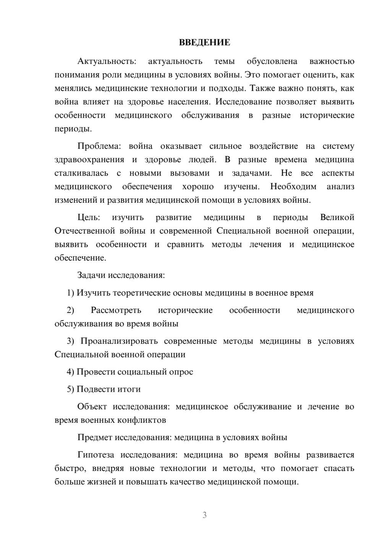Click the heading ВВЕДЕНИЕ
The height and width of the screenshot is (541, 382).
[x=204, y=42]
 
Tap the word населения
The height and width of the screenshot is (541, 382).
[x=189, y=102]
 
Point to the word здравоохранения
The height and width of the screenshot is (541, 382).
[x=89, y=160]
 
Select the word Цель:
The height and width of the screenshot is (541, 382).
[x=89, y=217]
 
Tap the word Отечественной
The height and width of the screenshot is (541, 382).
[x=85, y=231]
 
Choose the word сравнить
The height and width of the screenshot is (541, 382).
[x=185, y=244]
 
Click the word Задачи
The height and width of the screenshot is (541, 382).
[x=92, y=275]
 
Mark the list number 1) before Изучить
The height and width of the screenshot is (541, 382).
[x=70, y=293]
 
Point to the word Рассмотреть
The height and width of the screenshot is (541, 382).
[x=116, y=310]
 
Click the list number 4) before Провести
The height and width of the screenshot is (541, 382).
[x=70, y=372]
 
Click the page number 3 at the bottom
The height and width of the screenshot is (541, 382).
[x=204, y=515]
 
